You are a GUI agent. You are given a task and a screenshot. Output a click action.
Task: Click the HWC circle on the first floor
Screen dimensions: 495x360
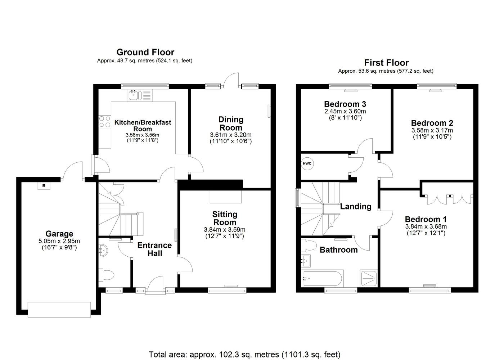pos(307,163)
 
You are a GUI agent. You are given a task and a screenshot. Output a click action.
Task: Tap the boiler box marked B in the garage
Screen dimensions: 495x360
pos(44,186)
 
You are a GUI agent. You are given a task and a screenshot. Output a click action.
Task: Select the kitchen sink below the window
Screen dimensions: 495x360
pos(139,95)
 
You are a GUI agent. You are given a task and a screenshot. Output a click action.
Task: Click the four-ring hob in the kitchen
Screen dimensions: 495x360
pos(105,122)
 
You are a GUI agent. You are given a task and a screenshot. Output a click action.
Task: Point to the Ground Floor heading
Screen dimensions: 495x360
pos(145,52)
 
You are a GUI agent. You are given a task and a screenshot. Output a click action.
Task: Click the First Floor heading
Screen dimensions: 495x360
pos(386,63)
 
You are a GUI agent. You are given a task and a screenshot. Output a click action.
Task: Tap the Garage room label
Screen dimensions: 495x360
pos(59,234)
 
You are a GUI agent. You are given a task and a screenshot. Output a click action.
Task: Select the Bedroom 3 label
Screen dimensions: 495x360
pos(345,104)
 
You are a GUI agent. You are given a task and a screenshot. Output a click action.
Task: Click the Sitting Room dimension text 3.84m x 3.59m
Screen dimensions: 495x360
pos(225,230)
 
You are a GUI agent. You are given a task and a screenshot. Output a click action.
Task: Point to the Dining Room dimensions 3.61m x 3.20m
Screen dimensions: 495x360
pos(231,135)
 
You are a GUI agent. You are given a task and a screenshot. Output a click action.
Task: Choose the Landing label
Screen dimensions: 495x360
pos(356,207)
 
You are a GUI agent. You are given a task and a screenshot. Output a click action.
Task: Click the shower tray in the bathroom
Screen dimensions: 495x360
pos(369,278)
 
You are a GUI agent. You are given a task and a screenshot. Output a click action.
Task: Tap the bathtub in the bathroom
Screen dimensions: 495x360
pos(323,278)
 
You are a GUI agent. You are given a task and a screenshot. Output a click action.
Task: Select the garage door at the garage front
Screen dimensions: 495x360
pos(59,310)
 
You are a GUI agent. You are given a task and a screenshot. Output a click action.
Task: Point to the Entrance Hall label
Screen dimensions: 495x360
pos(154,249)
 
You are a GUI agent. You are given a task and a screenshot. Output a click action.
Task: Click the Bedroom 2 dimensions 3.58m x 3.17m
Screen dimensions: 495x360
pos(432,130)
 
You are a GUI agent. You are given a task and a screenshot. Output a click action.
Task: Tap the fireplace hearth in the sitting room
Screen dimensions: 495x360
pos(226,197)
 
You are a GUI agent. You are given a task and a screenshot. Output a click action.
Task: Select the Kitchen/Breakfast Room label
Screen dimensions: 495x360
pos(143,126)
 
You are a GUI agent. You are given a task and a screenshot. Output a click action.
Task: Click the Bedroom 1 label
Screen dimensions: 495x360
pos(426,219)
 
